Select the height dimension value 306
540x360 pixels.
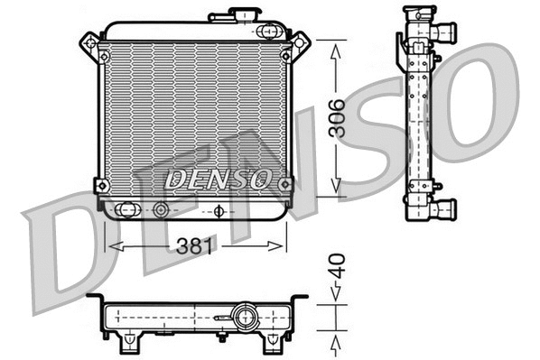(336, 116)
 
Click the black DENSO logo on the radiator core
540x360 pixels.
(218, 179)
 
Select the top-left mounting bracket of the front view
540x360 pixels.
(90, 44)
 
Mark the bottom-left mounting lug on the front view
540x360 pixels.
(101, 186)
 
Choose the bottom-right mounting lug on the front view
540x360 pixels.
(285, 185)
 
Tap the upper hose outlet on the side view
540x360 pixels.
(442, 33)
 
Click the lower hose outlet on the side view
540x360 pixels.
(442, 209)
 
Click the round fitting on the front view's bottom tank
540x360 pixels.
(162, 210)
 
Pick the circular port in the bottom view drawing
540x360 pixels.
(243, 317)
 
